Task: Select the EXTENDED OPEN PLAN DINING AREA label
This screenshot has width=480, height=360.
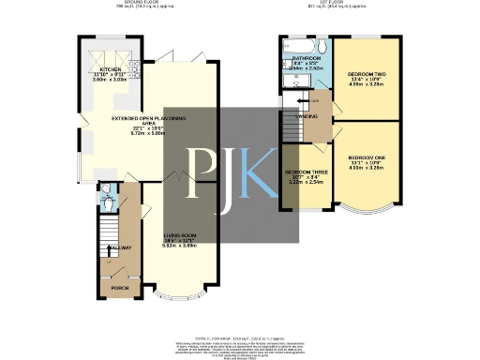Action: [147, 118]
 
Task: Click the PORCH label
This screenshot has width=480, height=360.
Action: [120, 288]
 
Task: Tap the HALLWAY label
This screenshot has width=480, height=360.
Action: [119, 247]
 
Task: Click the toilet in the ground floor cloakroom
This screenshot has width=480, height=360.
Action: [106, 200]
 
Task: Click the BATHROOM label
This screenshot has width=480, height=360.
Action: [307, 58]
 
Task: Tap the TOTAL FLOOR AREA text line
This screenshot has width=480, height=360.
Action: [240, 335]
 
